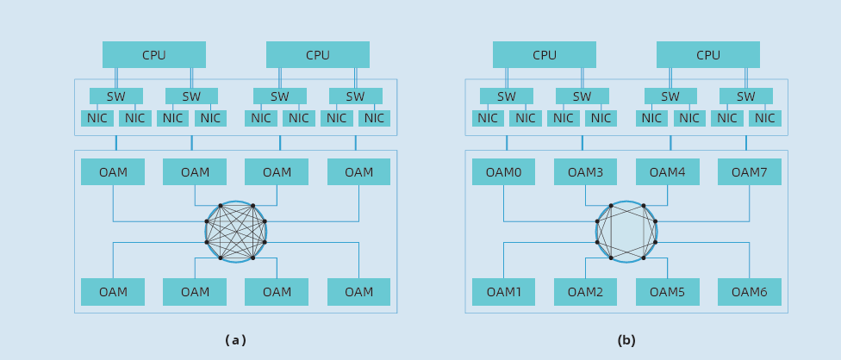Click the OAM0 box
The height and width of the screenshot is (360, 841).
tap(503, 172)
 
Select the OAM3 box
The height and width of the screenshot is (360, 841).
tap(585, 172)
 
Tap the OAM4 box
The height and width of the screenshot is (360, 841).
tap(667, 172)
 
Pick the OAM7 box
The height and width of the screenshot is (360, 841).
tap(749, 172)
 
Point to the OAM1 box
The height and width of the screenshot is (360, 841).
tap(503, 292)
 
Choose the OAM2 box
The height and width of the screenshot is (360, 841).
tap(585, 292)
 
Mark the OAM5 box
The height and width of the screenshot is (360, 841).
tap(667, 292)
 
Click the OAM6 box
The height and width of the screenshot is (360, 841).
tap(749, 292)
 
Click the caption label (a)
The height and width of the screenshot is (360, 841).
tap(235, 340)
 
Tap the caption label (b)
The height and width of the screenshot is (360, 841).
tap(626, 340)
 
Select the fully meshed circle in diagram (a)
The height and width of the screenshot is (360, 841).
tap(235, 232)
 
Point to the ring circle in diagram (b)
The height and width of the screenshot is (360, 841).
tap(626, 232)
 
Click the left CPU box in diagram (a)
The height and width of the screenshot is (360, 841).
tap(154, 55)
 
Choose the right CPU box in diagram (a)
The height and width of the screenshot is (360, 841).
tap(318, 55)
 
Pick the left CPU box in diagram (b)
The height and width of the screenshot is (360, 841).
tap(545, 55)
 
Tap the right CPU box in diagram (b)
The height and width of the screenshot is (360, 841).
tap(708, 55)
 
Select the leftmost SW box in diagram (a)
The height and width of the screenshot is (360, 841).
tap(116, 96)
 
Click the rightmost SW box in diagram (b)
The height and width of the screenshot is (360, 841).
tap(746, 96)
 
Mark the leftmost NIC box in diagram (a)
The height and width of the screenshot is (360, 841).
tap(97, 118)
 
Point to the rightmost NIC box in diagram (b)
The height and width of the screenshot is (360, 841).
tap(765, 118)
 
